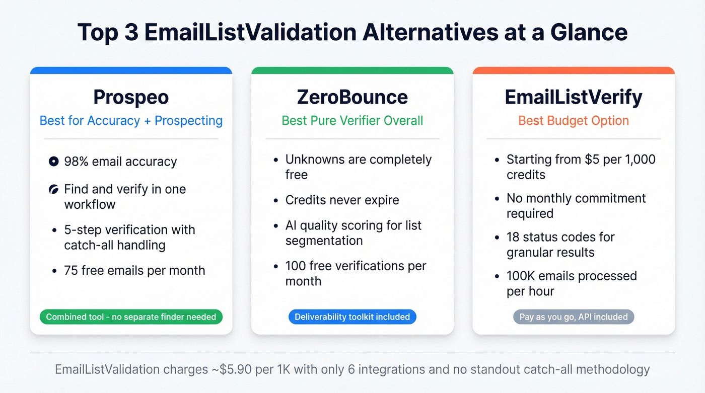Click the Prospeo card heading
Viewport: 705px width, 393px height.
tap(131, 97)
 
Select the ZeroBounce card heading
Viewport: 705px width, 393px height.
tap(352, 97)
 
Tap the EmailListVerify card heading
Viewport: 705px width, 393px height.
tap(574, 97)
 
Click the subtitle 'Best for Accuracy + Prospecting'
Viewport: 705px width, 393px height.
tap(131, 121)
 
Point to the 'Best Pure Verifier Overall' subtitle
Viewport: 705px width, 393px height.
tap(352, 121)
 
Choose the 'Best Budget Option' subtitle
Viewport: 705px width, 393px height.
tap(574, 121)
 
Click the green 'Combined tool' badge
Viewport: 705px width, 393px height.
tap(131, 317)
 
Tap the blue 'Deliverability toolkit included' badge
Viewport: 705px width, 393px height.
tap(352, 317)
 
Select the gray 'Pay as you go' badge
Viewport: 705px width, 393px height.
tap(574, 317)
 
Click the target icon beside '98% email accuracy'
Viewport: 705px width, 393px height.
tap(53, 162)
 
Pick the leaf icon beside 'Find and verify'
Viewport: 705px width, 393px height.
tap(53, 190)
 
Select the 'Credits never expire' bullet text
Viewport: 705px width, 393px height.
tap(342, 200)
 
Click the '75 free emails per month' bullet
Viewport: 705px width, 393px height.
tap(134, 270)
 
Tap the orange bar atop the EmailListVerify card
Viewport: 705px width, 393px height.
tap(574, 70)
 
